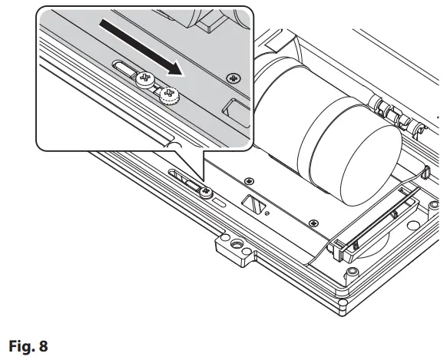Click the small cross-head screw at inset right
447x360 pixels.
231,78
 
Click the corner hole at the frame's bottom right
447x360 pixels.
352,273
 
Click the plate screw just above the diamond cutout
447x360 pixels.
248,180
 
